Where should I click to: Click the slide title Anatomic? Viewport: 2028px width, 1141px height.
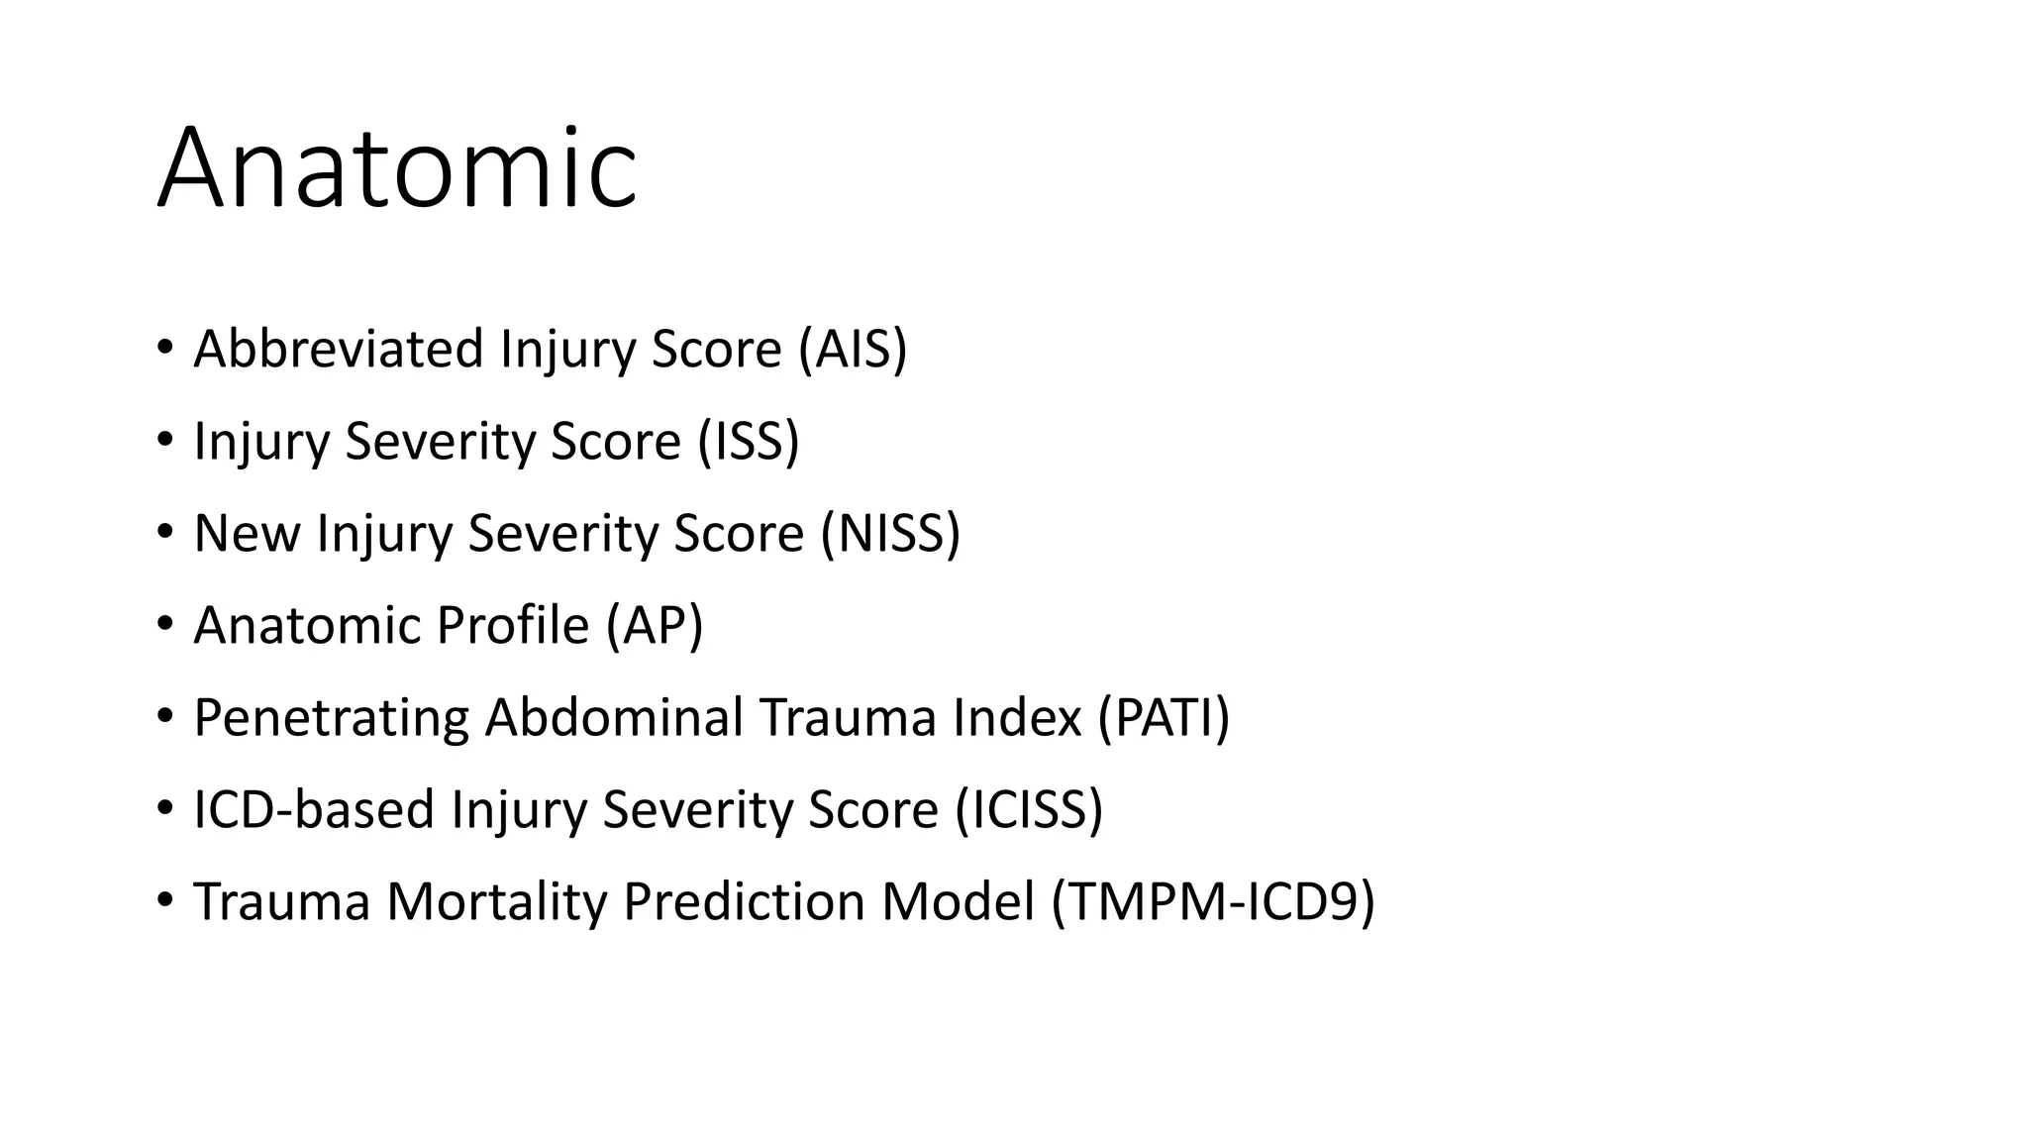[x=397, y=168]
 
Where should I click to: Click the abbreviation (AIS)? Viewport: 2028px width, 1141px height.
[x=853, y=349]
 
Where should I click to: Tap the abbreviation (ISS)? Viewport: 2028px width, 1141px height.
[x=748, y=441]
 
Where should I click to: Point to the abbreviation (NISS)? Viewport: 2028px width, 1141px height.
[x=890, y=533]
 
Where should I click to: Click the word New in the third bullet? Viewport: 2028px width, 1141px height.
[x=247, y=533]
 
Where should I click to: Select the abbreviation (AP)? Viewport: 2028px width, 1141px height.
[x=655, y=625]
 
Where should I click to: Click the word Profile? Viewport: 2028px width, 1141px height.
[x=513, y=625]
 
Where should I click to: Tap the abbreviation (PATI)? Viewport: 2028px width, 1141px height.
[x=1164, y=717]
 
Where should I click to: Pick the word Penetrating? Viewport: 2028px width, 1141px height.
[x=331, y=717]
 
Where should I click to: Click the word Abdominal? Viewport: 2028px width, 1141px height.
[x=614, y=717]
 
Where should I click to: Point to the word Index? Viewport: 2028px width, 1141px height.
[x=1017, y=717]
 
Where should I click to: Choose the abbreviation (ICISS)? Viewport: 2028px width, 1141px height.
[x=1029, y=809]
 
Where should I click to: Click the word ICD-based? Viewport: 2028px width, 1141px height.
[x=314, y=809]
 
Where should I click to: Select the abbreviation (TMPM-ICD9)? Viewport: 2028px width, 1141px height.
[x=1213, y=901]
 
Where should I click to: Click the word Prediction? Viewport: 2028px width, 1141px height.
[x=744, y=901]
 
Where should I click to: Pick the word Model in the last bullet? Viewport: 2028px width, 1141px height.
[x=958, y=901]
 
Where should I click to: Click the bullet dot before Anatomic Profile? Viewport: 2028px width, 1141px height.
[x=164, y=624]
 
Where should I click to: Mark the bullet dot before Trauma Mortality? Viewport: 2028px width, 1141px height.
[x=164, y=900]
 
